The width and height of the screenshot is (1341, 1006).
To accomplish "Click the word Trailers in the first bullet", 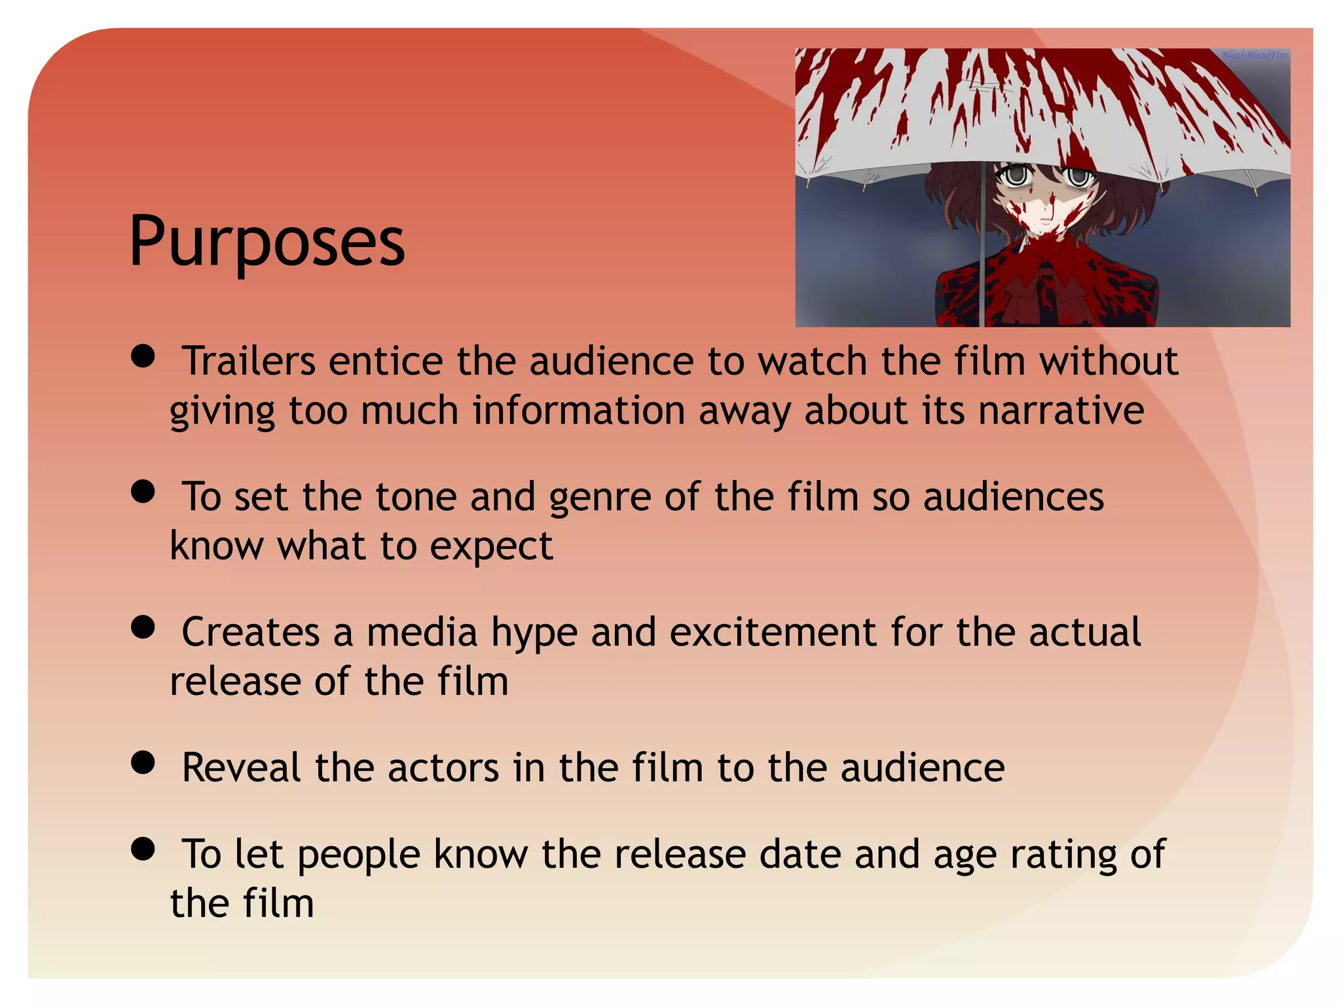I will (x=248, y=362).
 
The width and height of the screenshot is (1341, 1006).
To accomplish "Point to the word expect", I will (x=491, y=547).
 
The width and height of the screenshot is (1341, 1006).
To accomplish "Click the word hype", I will (x=534, y=633).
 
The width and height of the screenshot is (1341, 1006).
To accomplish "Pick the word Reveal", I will (x=241, y=768).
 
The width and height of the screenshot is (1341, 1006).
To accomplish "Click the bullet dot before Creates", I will (x=143, y=627).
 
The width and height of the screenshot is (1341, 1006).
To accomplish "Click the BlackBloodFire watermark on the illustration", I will (x=1254, y=55).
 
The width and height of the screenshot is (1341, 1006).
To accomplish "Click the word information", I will (x=579, y=411).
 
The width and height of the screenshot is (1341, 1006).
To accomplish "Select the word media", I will (x=422, y=633).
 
